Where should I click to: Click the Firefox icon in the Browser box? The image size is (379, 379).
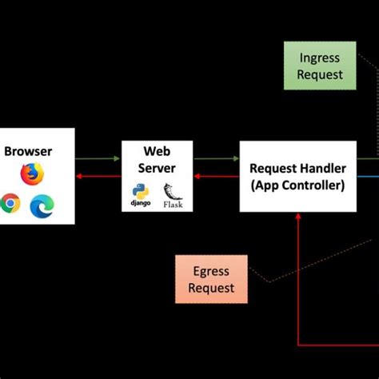point(33,173)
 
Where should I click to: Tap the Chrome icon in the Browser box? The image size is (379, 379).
point(10,204)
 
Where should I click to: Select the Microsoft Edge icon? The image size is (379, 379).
point(40,206)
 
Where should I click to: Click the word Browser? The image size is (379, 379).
point(28,151)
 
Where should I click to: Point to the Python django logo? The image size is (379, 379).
point(142,194)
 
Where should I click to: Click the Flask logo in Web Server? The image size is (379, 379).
point(172,193)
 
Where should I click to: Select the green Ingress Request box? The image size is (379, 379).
point(320,66)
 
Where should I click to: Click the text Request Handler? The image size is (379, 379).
point(297,169)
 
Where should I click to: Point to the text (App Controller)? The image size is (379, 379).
point(297,186)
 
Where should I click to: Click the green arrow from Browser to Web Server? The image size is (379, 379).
point(98,159)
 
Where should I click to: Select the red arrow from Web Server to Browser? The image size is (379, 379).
point(98,177)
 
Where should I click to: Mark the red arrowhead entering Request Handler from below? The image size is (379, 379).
point(298,217)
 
